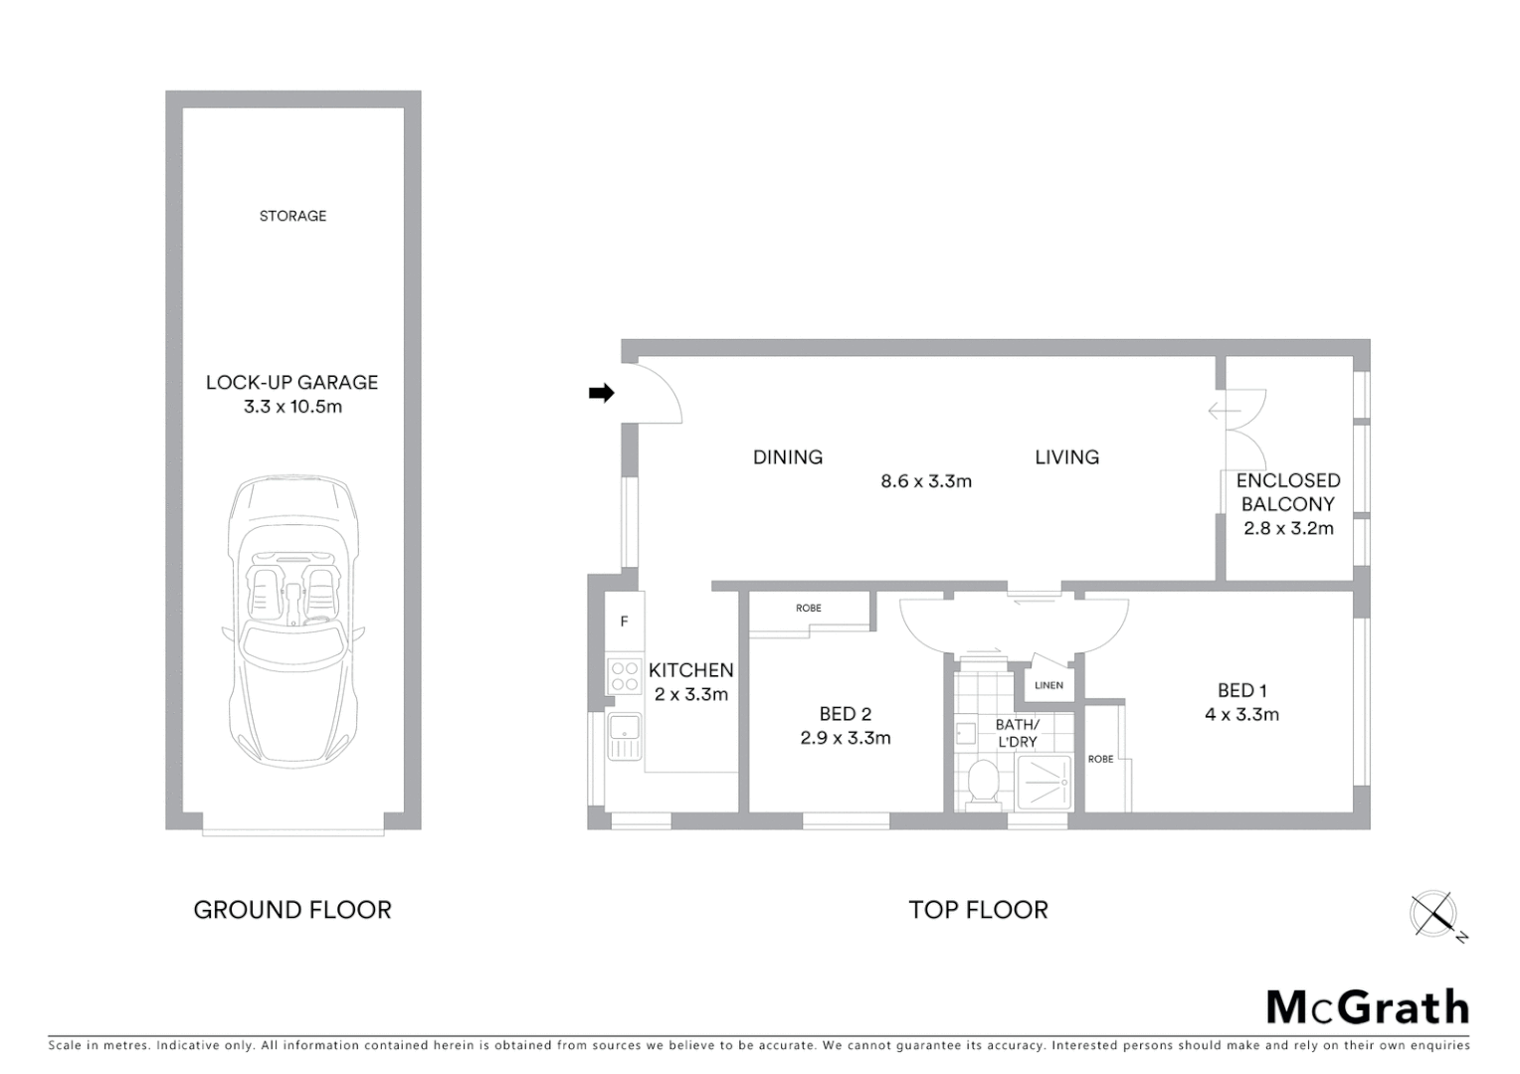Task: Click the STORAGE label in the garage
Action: (x=292, y=216)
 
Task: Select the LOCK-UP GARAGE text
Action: (x=292, y=382)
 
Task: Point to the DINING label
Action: (x=787, y=457)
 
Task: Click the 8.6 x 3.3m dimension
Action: (x=925, y=481)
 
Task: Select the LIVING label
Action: (x=1066, y=457)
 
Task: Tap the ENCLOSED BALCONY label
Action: (x=1288, y=492)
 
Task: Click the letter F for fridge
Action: (x=625, y=622)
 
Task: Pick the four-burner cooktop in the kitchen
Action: (x=625, y=677)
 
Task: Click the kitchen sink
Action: (x=625, y=737)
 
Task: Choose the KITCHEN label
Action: (x=691, y=670)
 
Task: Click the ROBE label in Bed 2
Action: (x=808, y=608)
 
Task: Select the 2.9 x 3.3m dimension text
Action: (x=846, y=738)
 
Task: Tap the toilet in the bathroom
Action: (x=983, y=782)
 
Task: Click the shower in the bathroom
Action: (x=1044, y=782)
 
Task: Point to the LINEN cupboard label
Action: (x=1048, y=685)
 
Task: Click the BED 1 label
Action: (x=1241, y=690)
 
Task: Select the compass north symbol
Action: (x=1434, y=914)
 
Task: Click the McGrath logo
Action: (x=1368, y=1007)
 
